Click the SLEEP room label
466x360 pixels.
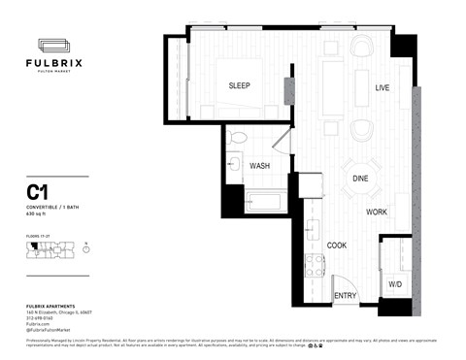(239, 86)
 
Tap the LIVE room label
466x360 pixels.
(383, 88)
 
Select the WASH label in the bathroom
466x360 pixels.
(259, 166)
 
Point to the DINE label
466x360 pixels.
(360, 179)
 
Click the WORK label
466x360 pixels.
(378, 212)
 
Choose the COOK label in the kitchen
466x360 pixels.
(337, 245)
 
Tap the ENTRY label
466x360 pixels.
(345, 296)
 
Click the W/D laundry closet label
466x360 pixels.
(395, 285)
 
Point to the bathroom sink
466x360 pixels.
(233, 165)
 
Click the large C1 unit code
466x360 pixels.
(38, 192)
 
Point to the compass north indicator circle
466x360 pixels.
(86, 248)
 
